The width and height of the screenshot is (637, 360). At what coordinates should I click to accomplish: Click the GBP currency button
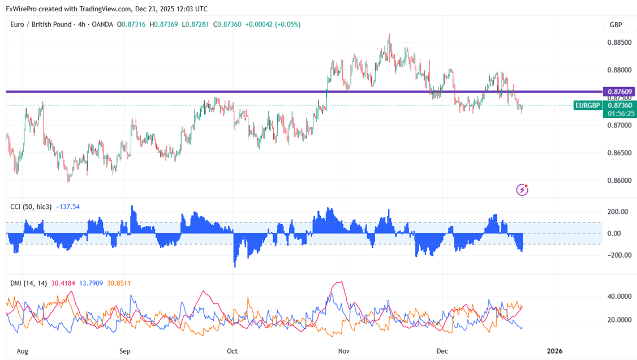coord(616,25)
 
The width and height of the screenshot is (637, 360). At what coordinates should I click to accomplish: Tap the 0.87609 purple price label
coord(620,91)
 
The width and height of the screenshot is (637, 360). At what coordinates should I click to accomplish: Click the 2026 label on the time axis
coord(554,351)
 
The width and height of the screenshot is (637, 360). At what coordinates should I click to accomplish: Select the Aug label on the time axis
coord(22,351)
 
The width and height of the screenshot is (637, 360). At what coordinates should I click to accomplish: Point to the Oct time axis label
coord(233,351)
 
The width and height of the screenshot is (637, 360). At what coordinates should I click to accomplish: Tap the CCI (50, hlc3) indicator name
coord(31,207)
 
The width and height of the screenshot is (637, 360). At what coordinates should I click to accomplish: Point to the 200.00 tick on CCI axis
coord(618,212)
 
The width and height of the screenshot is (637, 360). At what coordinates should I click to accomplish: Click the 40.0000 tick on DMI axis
coord(619,296)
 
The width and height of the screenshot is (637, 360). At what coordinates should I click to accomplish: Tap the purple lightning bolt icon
coord(523,190)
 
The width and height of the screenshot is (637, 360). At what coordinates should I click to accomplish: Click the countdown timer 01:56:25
coord(620,113)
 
